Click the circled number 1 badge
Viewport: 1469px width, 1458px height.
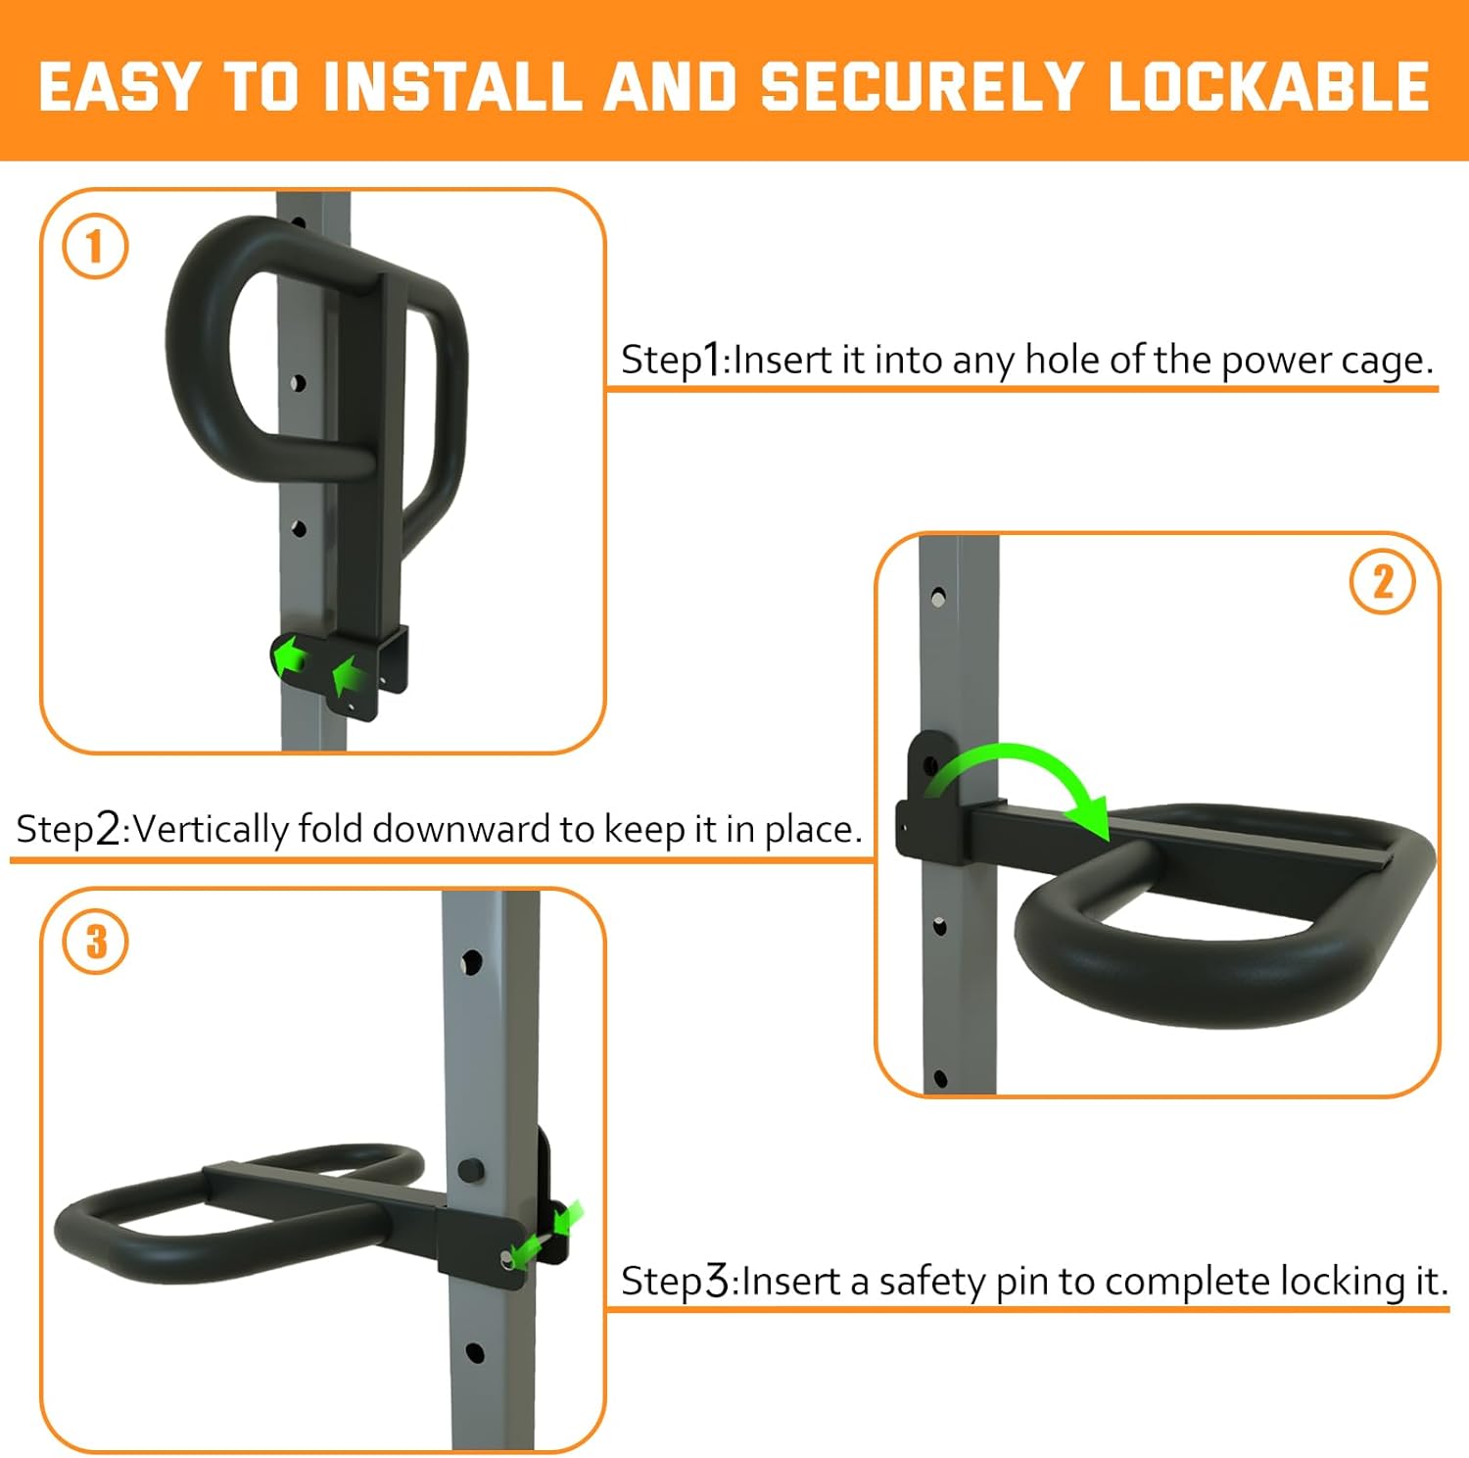pos(95,246)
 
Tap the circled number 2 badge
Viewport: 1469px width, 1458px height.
pos(1382,582)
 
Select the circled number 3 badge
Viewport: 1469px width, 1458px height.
pos(95,941)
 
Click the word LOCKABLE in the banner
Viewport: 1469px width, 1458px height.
pos(1268,86)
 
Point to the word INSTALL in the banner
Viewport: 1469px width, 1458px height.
pos(452,86)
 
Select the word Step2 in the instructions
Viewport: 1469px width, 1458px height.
pos(69,829)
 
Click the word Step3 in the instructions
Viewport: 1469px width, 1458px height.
pos(676,1281)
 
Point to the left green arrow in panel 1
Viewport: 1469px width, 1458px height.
pos(289,655)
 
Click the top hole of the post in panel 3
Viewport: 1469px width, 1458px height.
pos(471,961)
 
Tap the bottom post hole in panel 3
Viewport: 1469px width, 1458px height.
pos(474,1352)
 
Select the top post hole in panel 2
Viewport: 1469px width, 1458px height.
pos(937,596)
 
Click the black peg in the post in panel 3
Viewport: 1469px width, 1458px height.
pos(470,1169)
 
